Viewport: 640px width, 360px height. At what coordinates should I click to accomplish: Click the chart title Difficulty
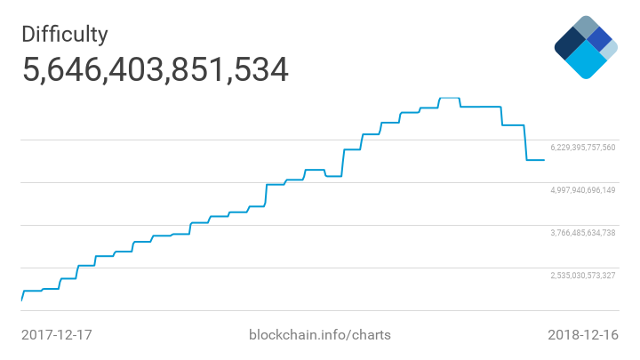point(65,34)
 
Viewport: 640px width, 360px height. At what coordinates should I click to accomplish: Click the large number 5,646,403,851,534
point(156,70)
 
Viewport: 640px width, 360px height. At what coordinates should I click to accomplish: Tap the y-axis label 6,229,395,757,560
point(583,148)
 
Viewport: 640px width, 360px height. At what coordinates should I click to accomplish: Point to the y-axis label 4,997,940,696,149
point(583,190)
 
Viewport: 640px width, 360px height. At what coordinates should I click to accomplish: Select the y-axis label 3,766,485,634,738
point(583,233)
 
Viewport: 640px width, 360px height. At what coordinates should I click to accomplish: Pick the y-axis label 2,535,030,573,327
point(583,276)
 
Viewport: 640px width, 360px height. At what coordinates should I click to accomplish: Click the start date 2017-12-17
point(57,335)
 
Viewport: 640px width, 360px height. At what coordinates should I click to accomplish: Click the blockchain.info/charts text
point(320,335)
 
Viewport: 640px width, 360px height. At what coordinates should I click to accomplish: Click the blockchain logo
point(585,46)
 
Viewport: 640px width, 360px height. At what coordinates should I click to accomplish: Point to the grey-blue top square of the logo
point(585,27)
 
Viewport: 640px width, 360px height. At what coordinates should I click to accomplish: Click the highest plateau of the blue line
point(450,97)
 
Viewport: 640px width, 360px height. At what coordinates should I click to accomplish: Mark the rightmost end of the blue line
point(544,160)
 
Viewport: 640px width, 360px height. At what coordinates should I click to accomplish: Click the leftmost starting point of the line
point(21,300)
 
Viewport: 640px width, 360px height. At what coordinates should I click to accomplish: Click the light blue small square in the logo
point(609,51)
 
